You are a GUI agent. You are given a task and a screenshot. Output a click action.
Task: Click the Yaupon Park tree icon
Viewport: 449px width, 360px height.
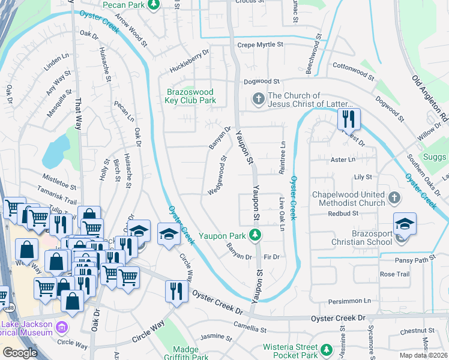pyautogui.click(x=256, y=234)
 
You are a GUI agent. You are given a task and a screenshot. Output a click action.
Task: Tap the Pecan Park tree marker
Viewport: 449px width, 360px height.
pyautogui.click(x=153, y=5)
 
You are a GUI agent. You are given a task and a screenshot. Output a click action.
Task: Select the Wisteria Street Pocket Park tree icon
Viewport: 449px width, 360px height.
pyautogui.click(x=326, y=349)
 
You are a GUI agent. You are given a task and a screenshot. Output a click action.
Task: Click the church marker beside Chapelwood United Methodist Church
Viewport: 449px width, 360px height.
pyautogui.click(x=394, y=197)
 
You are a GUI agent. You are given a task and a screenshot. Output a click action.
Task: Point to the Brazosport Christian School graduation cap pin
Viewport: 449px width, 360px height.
pyautogui.click(x=405, y=225)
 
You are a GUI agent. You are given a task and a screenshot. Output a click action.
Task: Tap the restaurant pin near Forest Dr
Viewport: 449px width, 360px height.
pyautogui.click(x=348, y=119)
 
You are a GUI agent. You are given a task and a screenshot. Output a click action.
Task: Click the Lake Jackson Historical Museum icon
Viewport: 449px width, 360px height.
pyautogui.click(x=61, y=328)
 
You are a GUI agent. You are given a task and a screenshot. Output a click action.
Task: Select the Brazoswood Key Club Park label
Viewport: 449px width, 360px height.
pyautogui.click(x=190, y=97)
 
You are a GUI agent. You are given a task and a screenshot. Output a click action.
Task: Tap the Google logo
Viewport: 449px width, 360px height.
pyautogui.click(x=20, y=353)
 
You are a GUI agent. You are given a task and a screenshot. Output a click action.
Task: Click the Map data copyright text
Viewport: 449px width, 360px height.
pyautogui.click(x=424, y=355)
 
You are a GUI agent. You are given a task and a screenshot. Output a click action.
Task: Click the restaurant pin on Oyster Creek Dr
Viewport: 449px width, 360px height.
pyautogui.click(x=175, y=292)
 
